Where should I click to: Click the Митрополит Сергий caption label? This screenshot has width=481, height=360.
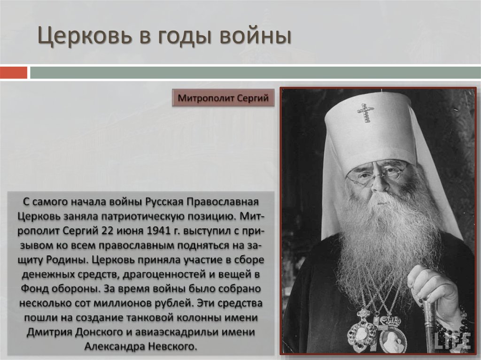click(223, 99)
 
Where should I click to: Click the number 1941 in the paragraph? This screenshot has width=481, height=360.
click(159, 231)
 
